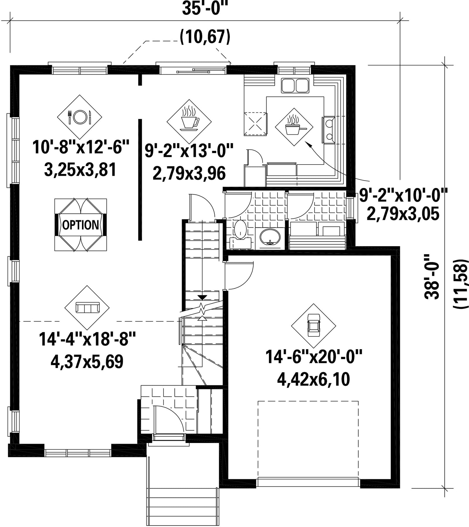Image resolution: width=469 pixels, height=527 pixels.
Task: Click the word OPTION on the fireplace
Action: click(81, 225)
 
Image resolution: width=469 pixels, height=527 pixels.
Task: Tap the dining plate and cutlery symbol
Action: click(79, 117)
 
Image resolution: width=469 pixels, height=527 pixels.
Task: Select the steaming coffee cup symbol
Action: click(190, 118)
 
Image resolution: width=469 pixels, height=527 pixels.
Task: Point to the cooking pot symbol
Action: click(294, 126)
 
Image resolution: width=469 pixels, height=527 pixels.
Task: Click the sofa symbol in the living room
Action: click(87, 308)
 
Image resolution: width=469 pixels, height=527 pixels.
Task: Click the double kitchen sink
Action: click(295, 85)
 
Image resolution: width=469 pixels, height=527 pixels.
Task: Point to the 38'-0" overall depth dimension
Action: click(432, 276)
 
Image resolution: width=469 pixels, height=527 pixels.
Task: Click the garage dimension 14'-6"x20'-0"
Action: click(314, 357)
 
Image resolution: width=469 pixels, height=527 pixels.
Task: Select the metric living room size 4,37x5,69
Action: click(87, 362)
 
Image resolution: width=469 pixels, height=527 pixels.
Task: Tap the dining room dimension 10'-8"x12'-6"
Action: click(81, 147)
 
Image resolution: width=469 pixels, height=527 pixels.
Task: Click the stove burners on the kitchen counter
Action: click(329, 129)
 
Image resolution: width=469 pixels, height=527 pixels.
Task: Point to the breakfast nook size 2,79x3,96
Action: click(189, 173)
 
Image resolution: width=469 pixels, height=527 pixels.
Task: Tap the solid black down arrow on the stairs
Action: click(202, 297)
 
